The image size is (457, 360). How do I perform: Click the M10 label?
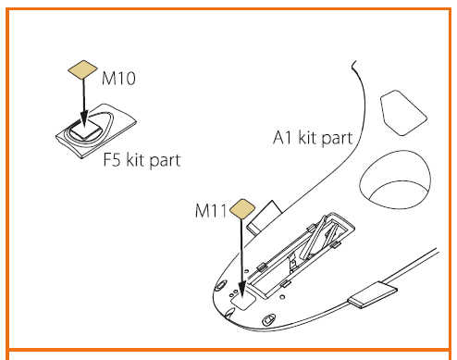[x=118, y=78]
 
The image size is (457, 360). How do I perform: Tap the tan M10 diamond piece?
[x=82, y=69]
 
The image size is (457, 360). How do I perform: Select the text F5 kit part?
[x=142, y=160]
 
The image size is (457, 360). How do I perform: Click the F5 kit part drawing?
[x=96, y=131]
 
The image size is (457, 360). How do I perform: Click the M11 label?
[x=211, y=211]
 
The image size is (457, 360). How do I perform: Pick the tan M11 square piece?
[x=242, y=209]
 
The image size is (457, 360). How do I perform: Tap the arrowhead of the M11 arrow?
[x=242, y=291]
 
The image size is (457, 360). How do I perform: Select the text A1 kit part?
[x=313, y=137]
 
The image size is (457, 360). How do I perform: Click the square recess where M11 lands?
[x=244, y=300]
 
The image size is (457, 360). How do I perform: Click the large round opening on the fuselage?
[x=395, y=180]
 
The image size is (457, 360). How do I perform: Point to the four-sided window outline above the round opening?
[x=403, y=113]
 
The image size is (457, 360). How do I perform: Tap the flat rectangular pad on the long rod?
[x=373, y=294]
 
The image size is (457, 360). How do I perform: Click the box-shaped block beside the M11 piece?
[x=264, y=217]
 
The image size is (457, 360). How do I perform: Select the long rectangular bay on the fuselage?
[x=301, y=255]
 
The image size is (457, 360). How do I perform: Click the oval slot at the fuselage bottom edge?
[x=268, y=319]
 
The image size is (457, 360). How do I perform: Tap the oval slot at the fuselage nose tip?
[x=221, y=285]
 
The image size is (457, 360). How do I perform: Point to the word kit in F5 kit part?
[x=136, y=160]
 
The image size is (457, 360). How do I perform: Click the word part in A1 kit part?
[x=337, y=138]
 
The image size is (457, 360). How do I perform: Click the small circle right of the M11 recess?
[x=282, y=297]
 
